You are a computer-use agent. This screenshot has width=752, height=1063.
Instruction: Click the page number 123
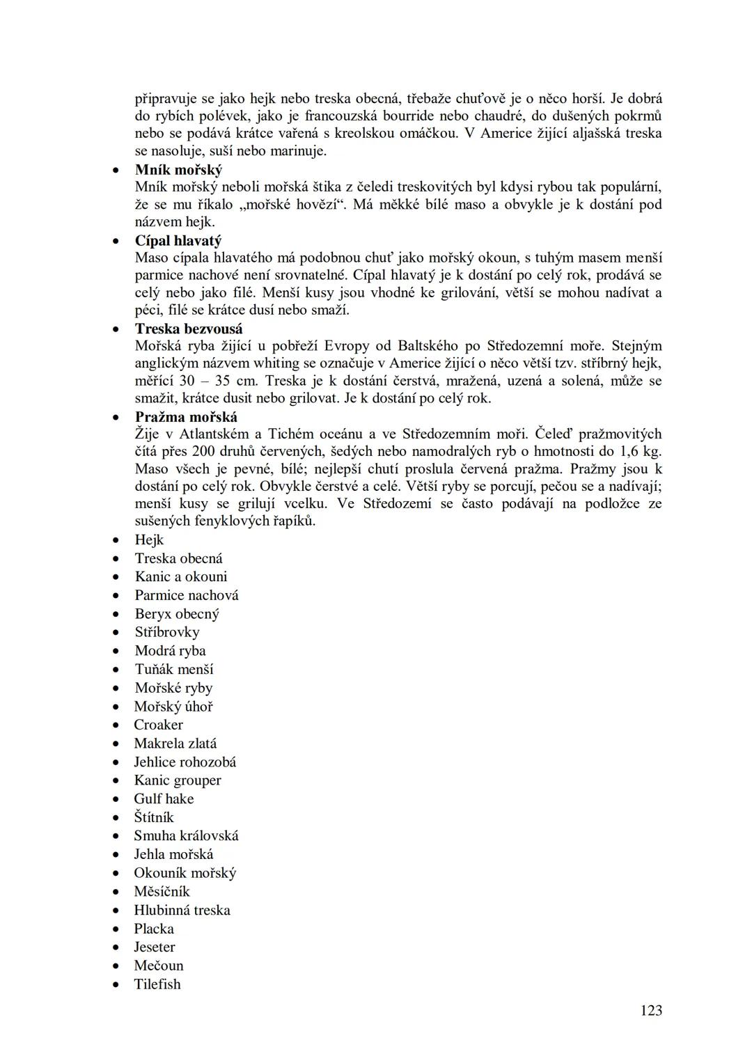(x=651, y=1010)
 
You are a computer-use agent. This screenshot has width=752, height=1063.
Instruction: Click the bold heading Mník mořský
(x=178, y=170)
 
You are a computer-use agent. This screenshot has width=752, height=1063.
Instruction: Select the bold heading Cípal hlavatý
(x=178, y=241)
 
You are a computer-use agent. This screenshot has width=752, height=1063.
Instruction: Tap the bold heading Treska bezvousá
(x=189, y=329)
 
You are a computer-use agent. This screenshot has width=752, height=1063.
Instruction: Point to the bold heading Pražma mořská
(x=186, y=417)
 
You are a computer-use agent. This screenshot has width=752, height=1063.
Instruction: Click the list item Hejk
(x=149, y=540)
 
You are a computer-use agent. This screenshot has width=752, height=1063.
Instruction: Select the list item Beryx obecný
(x=177, y=614)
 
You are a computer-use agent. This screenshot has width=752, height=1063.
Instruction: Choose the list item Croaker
(x=159, y=725)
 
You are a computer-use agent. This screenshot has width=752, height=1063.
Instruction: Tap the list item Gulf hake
(x=164, y=798)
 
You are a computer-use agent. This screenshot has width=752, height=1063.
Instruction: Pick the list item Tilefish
(x=157, y=984)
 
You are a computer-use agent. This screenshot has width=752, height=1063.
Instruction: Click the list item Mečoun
(x=159, y=966)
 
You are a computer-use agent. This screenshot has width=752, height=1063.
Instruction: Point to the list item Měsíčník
(x=162, y=892)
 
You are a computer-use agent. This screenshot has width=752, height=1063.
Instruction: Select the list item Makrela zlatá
(x=175, y=743)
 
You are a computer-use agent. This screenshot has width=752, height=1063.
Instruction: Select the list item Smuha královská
(x=186, y=836)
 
